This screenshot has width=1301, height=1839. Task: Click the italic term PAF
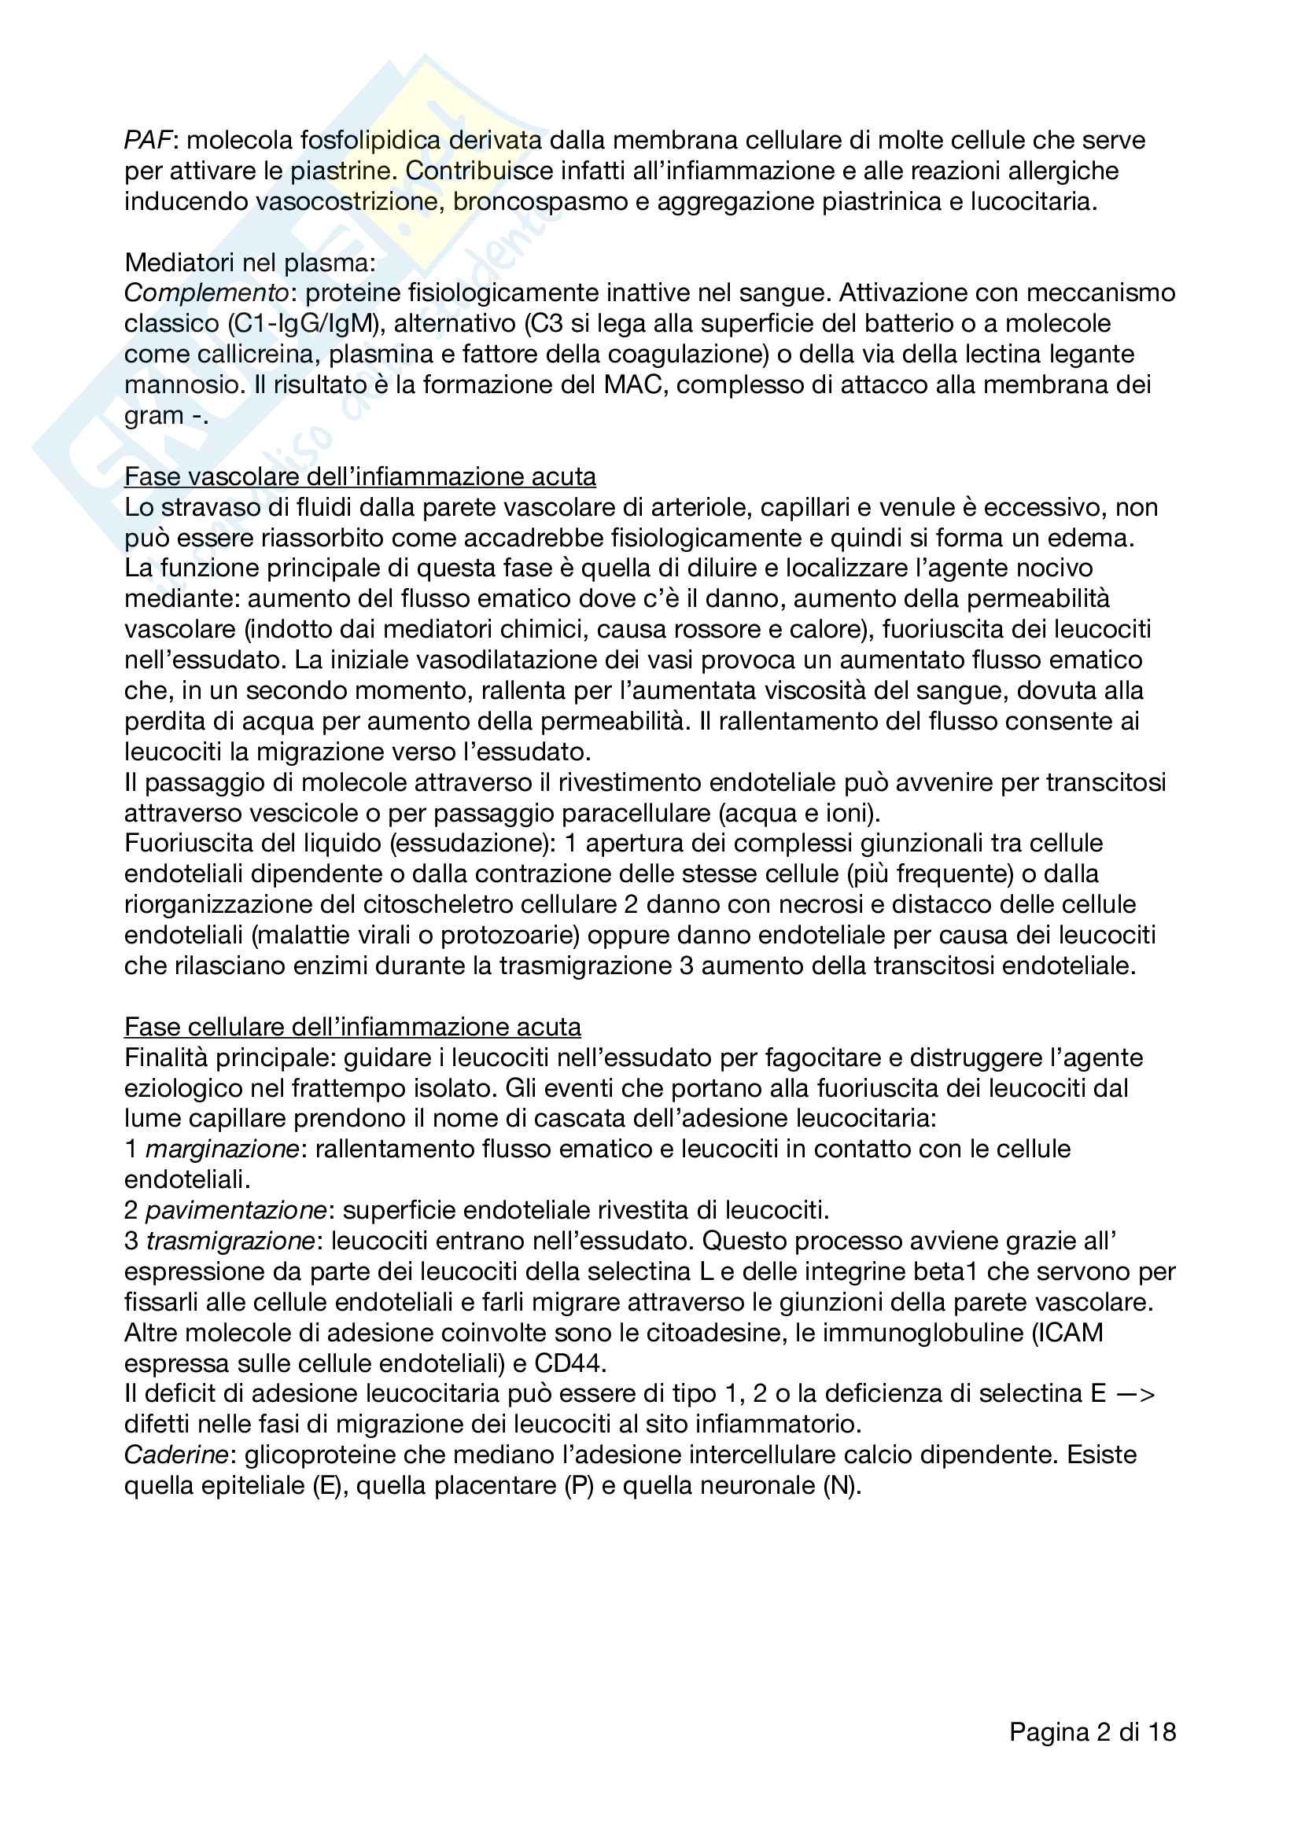point(148,140)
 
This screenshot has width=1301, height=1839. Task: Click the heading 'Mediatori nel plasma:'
point(250,263)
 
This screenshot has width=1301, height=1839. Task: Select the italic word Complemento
point(206,293)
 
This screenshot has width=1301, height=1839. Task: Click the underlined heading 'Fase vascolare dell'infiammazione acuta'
point(359,476)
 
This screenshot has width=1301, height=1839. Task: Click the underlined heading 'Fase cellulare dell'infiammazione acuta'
point(352,1027)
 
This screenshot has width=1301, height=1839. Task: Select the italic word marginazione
point(223,1149)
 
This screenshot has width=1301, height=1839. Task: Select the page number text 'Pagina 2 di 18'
point(1092,1733)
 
